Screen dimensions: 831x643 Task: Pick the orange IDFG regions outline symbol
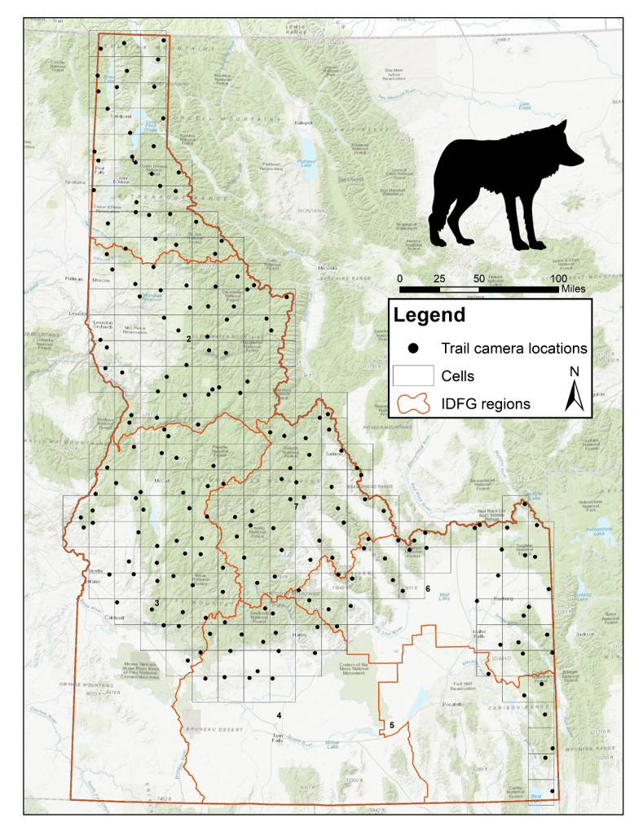(414, 403)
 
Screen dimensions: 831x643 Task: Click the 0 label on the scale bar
(399, 279)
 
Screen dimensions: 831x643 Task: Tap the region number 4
(279, 715)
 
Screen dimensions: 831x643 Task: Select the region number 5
(391, 724)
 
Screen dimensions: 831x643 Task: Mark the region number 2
(188, 338)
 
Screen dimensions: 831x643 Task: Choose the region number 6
(427, 588)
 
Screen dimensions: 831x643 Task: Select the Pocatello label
(452, 704)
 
